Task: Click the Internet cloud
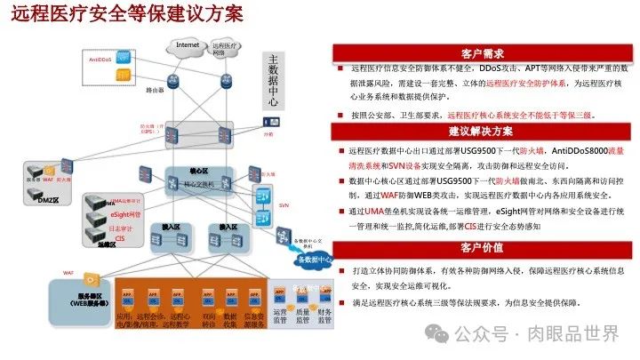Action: [x=188, y=45]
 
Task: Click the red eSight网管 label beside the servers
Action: [x=126, y=214]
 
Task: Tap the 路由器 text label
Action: [x=153, y=90]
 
